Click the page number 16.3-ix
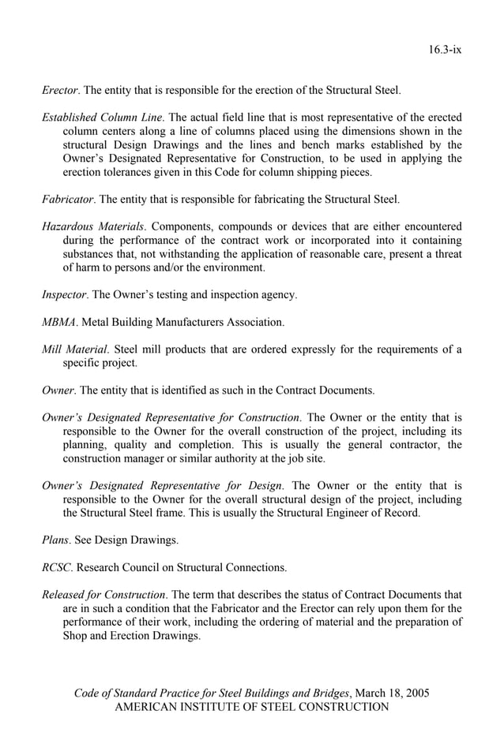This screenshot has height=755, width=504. (445, 49)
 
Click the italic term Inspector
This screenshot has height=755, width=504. (63, 294)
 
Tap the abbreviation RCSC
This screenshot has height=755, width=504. (58, 567)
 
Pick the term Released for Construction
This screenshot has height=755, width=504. (103, 594)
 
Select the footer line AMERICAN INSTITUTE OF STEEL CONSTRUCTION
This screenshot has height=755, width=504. (252, 707)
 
